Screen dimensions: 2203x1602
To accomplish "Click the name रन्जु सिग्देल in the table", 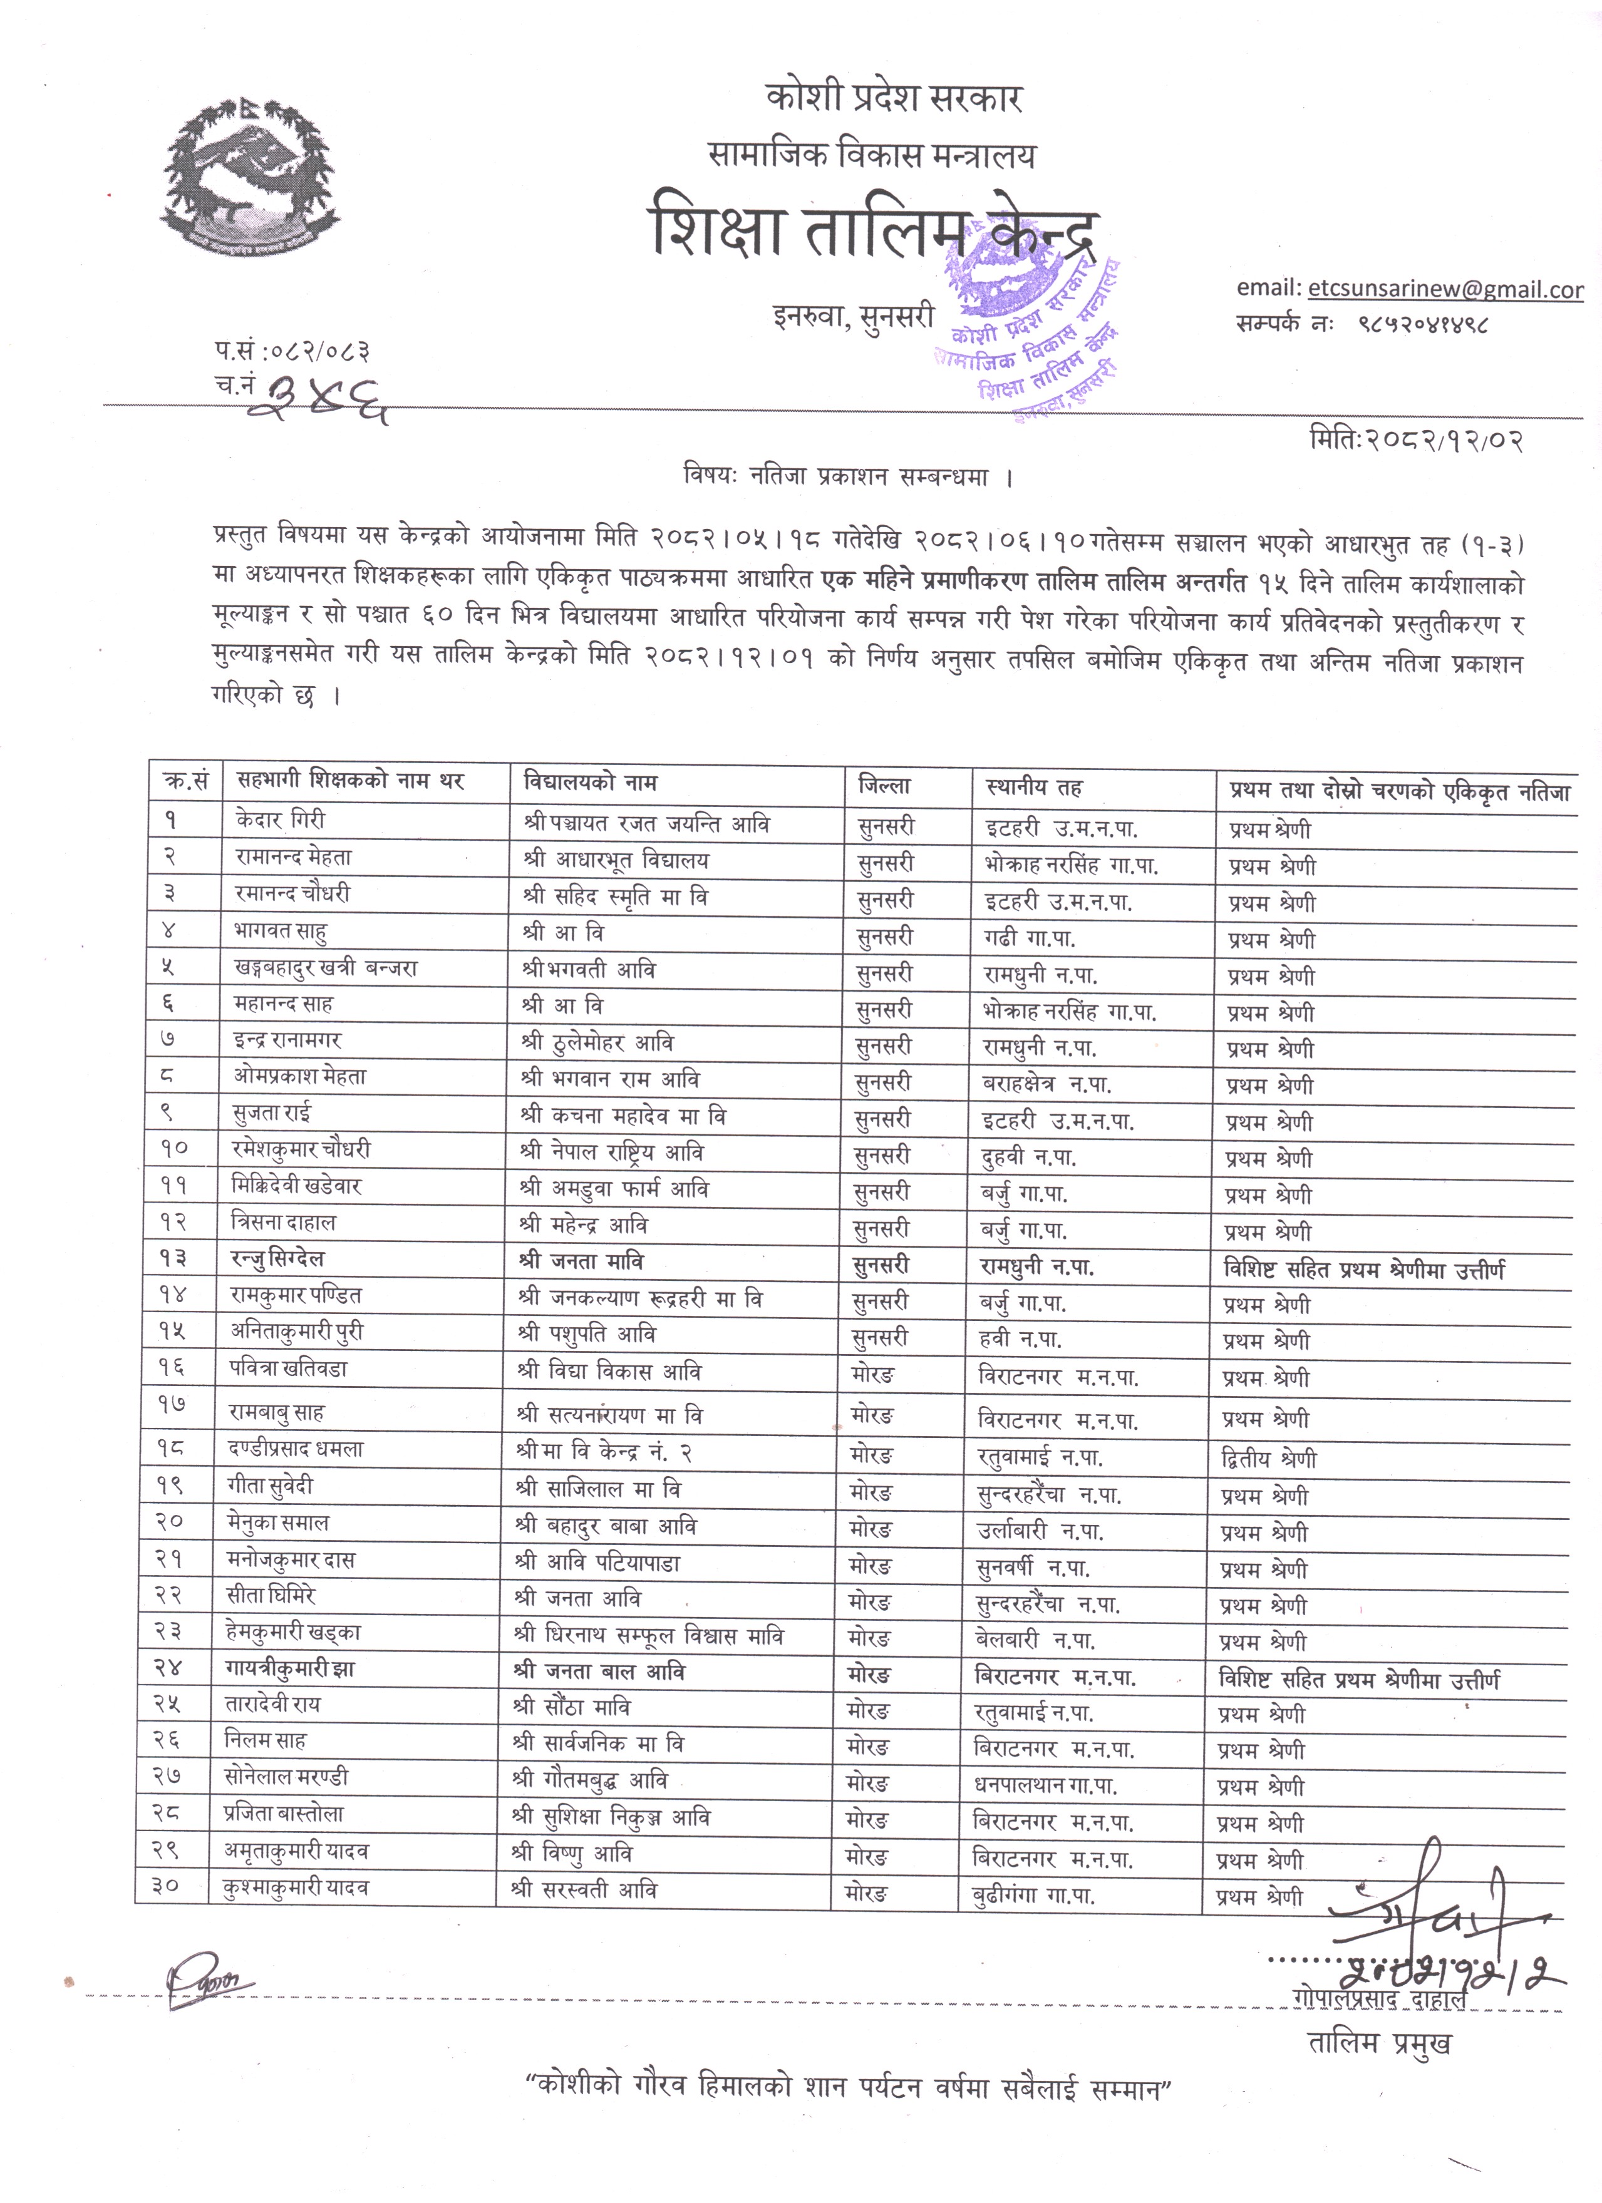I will [277, 1260].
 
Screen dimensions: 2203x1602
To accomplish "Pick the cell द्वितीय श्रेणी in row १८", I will [1269, 1459].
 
